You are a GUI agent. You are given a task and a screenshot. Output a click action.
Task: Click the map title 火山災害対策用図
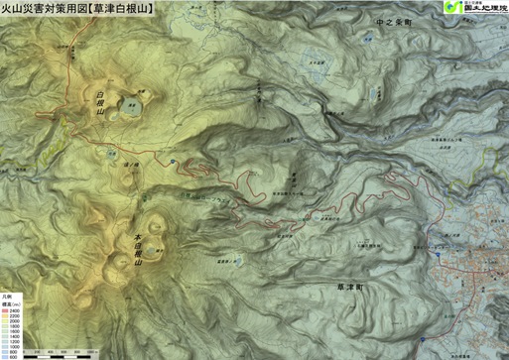click(x=45, y=8)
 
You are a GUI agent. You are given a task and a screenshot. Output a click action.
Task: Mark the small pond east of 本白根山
click(x=214, y=262)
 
